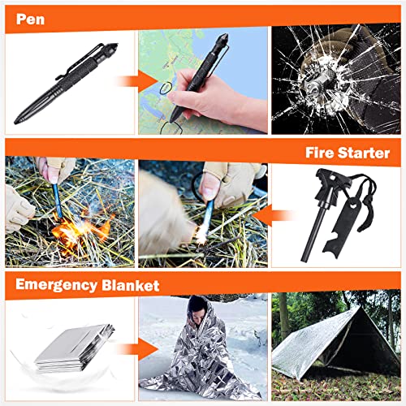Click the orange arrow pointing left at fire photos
point(280,216)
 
